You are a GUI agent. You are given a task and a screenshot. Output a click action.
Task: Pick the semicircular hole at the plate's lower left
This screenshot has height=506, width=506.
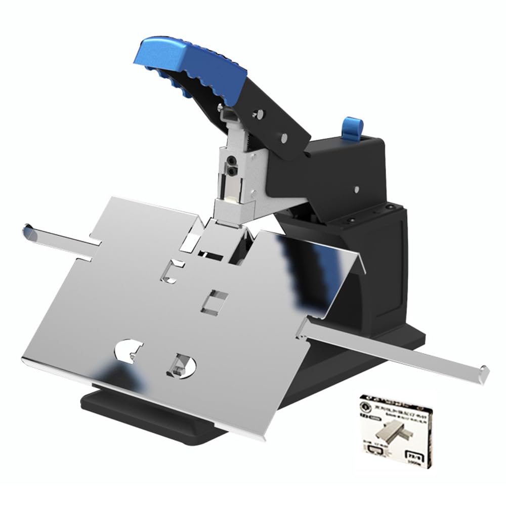point(130,351)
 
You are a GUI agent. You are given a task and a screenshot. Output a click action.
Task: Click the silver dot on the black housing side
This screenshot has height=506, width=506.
point(355,190)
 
